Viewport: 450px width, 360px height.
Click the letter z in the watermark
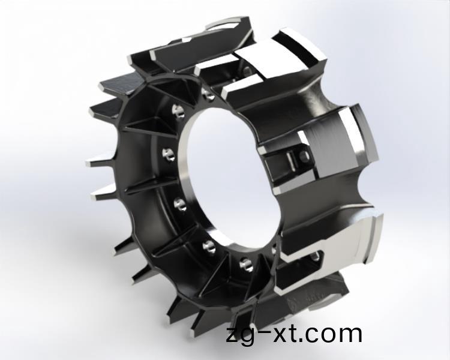pos(232,335)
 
